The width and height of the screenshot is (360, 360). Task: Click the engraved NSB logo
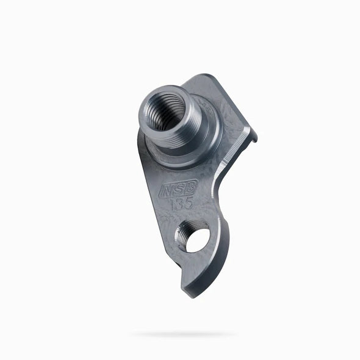(x=177, y=190)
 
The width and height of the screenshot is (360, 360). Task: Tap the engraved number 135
(x=181, y=203)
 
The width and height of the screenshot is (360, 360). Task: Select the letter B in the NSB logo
(x=187, y=189)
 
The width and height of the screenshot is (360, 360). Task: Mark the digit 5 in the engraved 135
(x=189, y=202)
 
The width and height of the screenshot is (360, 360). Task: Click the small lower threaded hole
(x=193, y=237)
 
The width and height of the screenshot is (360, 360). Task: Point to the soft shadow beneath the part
(x=183, y=334)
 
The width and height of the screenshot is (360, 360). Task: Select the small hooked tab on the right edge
(x=253, y=136)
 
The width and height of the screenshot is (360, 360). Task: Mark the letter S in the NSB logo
(x=177, y=190)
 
